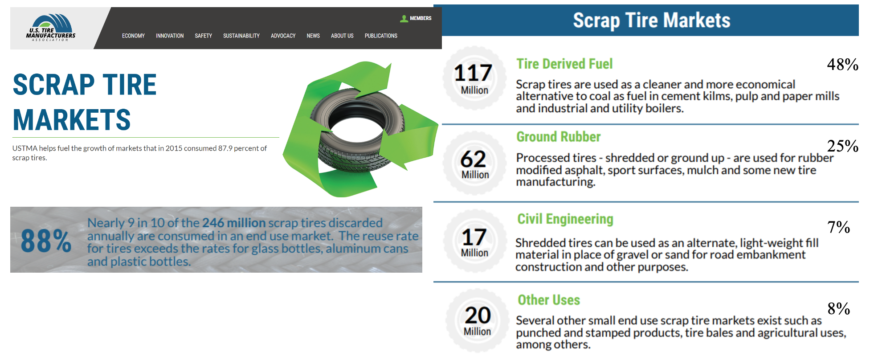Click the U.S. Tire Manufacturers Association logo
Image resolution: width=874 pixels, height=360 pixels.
[x=51, y=28]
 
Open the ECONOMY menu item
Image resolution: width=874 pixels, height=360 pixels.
[x=133, y=36]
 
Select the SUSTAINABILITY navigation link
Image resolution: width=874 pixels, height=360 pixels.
[x=241, y=36]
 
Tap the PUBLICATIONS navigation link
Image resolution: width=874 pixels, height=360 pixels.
[x=381, y=36]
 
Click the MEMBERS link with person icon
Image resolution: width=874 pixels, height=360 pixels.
[x=416, y=18]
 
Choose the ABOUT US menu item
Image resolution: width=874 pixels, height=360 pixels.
[x=342, y=36]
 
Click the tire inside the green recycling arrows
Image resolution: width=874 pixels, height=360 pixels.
[x=358, y=132]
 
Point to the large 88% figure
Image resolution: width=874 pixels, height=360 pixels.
[x=46, y=241]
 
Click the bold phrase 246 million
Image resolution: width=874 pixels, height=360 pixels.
[x=234, y=223]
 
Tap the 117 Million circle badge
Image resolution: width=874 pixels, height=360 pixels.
[x=474, y=78]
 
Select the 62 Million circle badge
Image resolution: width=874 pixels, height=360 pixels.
[x=474, y=163]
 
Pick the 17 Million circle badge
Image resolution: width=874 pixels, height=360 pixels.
[x=475, y=241]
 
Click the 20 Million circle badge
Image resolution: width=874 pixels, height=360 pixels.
[x=478, y=320]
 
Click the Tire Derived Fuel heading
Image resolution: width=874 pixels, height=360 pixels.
[x=564, y=64]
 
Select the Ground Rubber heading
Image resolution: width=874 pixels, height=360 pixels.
[x=559, y=137]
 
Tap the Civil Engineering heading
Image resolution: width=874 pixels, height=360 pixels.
[x=565, y=219]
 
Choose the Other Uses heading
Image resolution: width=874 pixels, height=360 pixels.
[x=549, y=300]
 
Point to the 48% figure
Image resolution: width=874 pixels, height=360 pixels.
[x=843, y=65]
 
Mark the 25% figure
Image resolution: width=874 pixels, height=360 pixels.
[x=843, y=146]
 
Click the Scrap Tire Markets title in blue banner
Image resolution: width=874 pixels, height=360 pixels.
[x=651, y=20]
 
